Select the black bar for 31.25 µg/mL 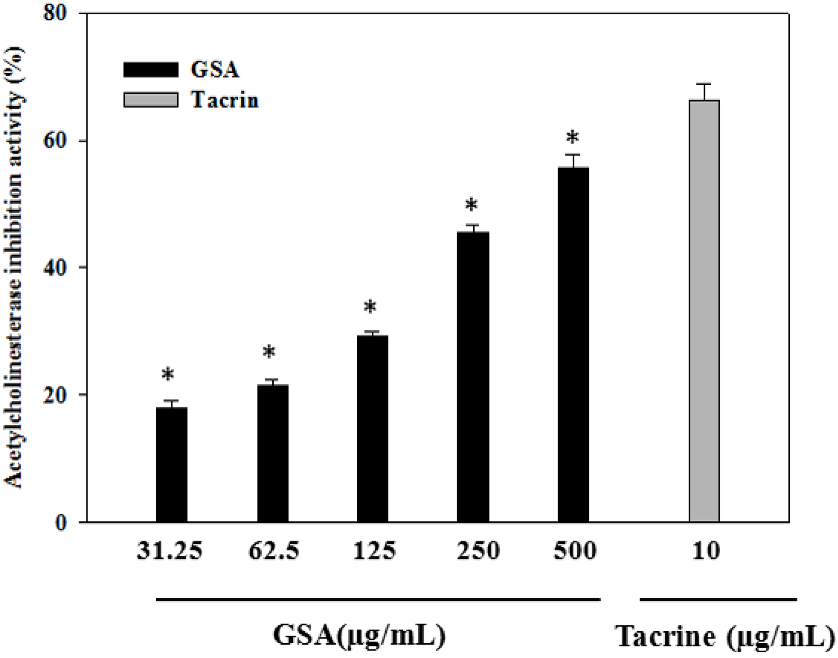pyautogui.click(x=171, y=464)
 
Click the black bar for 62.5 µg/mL pyautogui.click(x=272, y=453)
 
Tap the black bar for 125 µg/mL pyautogui.click(x=372, y=429)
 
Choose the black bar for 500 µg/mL pyautogui.click(x=573, y=344)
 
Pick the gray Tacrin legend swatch pyautogui.click(x=150, y=100)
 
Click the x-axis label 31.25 pyautogui.click(x=169, y=551)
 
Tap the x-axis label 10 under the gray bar pyautogui.click(x=706, y=551)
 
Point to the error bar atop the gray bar pyautogui.click(x=704, y=92)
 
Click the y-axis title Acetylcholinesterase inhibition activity pyautogui.click(x=14, y=268)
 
